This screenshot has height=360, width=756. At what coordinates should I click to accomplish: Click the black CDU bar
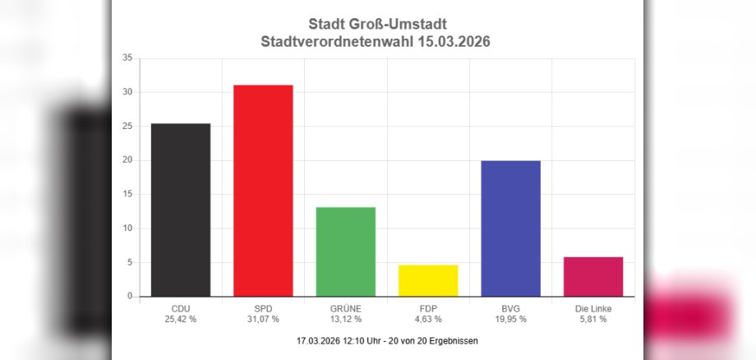(x=180, y=210)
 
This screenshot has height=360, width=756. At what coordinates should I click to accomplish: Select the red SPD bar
(x=263, y=191)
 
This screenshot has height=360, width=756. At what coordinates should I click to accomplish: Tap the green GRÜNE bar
(x=345, y=252)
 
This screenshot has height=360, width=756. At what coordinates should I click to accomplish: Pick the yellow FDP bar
(x=427, y=280)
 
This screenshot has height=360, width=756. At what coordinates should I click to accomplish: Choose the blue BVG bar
(x=510, y=228)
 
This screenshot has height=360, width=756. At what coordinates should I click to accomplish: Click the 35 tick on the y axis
(x=127, y=58)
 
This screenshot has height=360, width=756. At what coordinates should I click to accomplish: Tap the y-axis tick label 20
(x=127, y=160)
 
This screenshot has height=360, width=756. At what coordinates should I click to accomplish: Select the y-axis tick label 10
(x=127, y=228)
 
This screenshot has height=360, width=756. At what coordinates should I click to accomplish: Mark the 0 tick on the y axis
(x=130, y=297)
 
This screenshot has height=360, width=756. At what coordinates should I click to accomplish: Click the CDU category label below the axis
(x=180, y=308)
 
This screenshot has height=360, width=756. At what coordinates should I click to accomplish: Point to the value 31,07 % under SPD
(x=263, y=319)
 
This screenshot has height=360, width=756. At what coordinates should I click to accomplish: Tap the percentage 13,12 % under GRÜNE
(x=345, y=319)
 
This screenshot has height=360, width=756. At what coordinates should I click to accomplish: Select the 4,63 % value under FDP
(x=427, y=319)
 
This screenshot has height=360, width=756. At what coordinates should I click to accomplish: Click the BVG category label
(x=510, y=308)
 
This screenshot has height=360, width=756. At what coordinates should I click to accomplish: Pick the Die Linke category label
(x=593, y=308)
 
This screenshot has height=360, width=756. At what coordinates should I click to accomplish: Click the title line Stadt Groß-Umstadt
(x=378, y=25)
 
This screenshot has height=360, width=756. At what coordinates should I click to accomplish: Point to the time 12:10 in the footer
(x=357, y=340)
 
